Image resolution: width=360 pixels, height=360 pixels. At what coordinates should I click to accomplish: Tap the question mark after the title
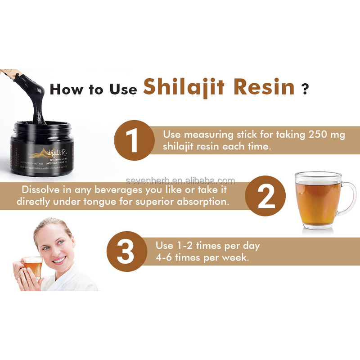pos(306,88)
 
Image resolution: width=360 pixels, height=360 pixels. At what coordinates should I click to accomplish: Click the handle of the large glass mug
pos(348,198)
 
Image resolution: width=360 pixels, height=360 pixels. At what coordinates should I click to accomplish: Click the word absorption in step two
pos(195,202)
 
